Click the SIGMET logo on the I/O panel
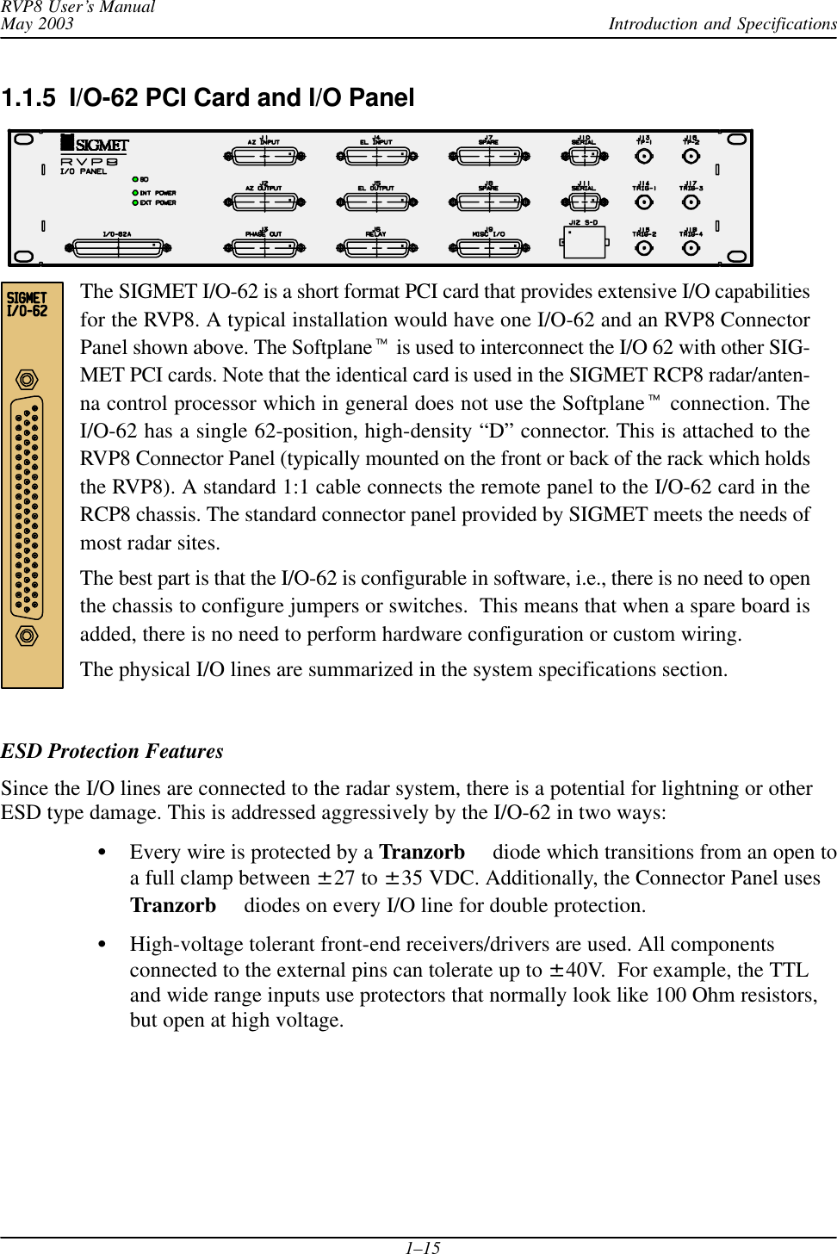[95, 145]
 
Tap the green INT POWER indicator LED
[135, 193]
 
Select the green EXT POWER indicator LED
[135, 203]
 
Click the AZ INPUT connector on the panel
[264, 156]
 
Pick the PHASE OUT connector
[264, 248]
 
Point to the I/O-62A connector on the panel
[118, 248]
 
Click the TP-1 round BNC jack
[643, 156]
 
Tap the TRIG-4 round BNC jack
[691, 248]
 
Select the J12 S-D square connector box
[585, 242]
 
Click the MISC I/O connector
[488, 248]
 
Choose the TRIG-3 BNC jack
[691, 202]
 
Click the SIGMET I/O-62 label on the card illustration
[28, 305]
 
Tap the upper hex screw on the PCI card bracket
[28, 380]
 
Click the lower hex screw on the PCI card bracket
[28, 636]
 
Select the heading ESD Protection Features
[112, 751]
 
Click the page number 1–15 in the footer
[423, 1246]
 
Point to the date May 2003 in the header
[37, 23]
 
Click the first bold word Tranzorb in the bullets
[422, 852]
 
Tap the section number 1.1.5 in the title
[29, 98]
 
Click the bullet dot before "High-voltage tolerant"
[102, 944]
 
